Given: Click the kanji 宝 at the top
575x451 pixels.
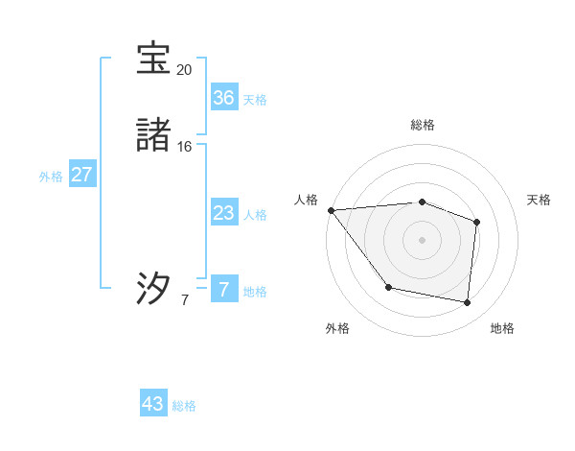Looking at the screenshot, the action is coord(153,59).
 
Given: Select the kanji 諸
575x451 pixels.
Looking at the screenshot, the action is coord(153,136).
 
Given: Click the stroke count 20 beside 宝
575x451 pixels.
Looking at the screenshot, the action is coord(184,70).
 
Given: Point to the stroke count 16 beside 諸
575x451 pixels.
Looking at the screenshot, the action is coord(184,147).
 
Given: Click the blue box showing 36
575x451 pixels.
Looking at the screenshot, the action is coord(223,98).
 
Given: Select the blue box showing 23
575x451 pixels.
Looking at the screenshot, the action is coord(223,213).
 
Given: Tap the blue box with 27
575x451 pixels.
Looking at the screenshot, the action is coord(81,175).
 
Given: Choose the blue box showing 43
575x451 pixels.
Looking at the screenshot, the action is coord(153,404).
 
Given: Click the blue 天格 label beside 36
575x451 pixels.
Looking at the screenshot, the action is coord(255,100).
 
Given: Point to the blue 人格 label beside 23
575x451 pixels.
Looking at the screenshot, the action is coord(255,215).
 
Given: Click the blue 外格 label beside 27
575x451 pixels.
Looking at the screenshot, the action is coord(51,177).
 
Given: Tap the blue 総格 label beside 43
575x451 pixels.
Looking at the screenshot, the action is coord(184,406).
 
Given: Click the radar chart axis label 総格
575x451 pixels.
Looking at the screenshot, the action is coord(422,125).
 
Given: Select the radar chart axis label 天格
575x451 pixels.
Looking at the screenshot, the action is coord(540,200).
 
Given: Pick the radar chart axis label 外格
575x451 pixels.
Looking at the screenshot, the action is coord(337,328).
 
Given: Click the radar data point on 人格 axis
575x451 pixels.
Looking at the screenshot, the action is coord(331,210).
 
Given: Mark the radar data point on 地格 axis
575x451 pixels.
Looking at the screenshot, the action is coord(467,302).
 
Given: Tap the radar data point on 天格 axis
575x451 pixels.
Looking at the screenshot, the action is coord(476,222).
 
